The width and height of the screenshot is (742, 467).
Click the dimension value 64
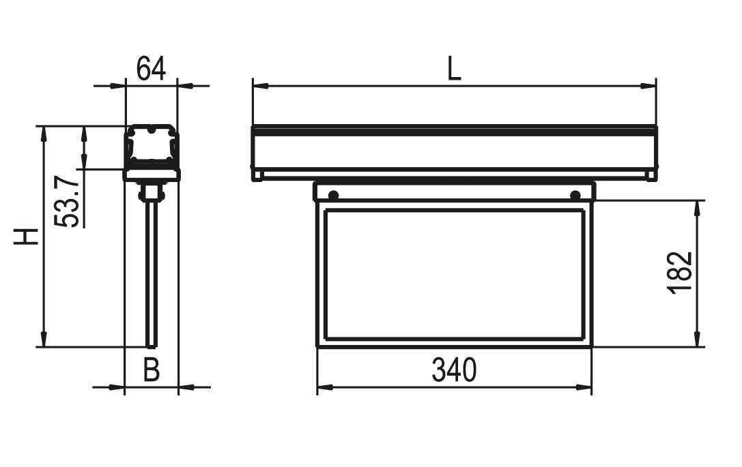[x=152, y=69]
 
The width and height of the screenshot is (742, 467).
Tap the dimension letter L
[x=454, y=69]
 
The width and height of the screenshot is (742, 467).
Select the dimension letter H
[x=25, y=237]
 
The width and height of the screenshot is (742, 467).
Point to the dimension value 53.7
[x=66, y=201]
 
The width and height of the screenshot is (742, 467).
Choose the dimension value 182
[x=680, y=273]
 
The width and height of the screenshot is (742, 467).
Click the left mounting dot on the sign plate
[x=334, y=195]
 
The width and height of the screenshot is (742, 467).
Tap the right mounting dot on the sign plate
[x=575, y=195]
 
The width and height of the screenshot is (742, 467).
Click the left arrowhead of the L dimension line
[x=261, y=86]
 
